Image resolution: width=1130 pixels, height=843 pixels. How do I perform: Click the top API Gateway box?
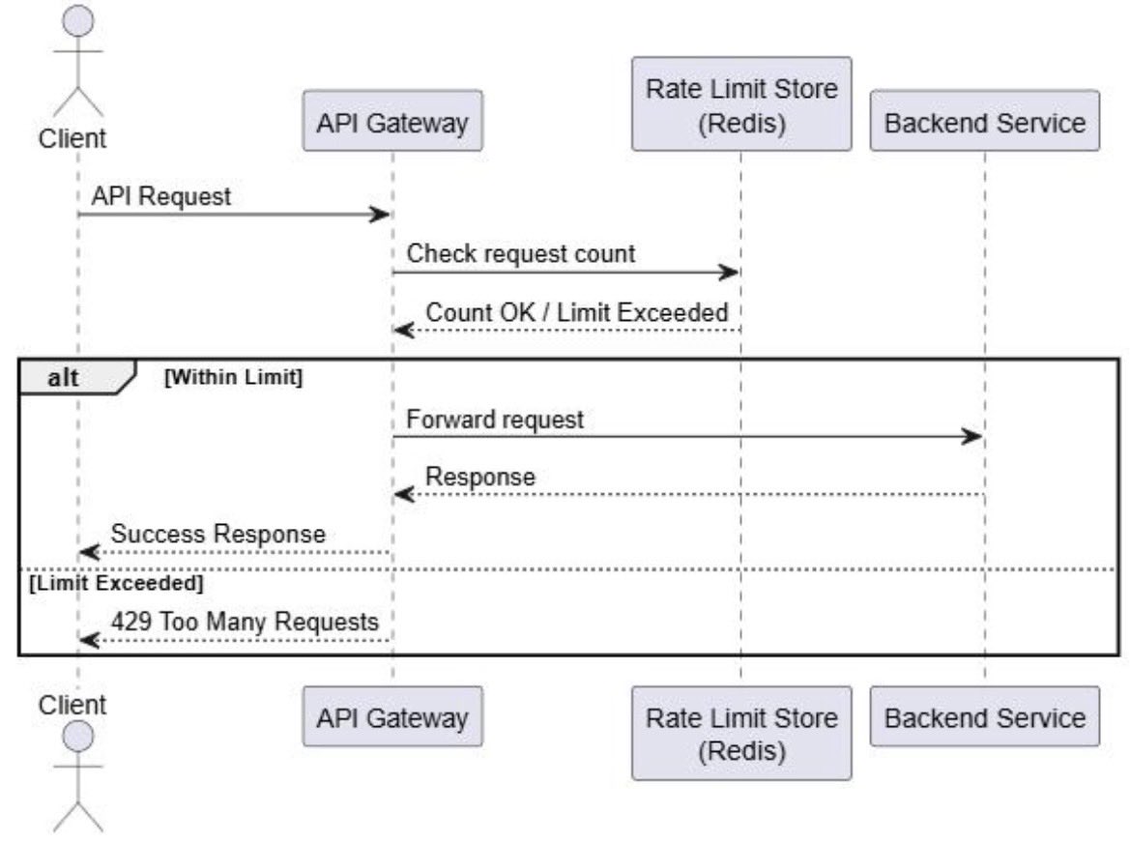392,120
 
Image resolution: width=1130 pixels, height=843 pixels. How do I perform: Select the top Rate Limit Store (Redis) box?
741,103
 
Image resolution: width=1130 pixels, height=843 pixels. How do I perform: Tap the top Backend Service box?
984,120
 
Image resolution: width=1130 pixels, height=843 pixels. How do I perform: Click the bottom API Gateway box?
392,716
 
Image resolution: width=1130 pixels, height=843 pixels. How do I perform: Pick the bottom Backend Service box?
984,716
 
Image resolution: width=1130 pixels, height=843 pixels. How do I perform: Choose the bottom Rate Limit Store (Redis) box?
741,733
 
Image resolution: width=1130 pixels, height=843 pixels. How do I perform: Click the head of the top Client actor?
78,21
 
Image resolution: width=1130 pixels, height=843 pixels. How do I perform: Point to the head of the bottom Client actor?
78,737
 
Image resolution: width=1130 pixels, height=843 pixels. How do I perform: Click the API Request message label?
160,196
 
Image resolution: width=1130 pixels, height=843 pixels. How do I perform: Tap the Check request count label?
521,253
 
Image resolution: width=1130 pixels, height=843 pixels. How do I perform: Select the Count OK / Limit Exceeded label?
576,312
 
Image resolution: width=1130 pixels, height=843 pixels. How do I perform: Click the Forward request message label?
495,420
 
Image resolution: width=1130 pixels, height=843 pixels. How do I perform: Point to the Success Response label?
218,534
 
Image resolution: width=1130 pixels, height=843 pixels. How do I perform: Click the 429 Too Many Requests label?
245,621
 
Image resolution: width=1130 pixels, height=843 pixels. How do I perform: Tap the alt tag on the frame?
64,378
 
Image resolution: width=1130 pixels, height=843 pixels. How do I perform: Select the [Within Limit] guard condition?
234,377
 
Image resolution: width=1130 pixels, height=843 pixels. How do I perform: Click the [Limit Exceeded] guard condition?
116,582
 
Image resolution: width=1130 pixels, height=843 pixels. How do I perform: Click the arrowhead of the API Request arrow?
380,214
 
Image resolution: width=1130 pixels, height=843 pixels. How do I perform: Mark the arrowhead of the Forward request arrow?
972,436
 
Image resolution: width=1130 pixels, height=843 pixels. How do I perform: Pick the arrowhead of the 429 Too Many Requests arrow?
89,640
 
